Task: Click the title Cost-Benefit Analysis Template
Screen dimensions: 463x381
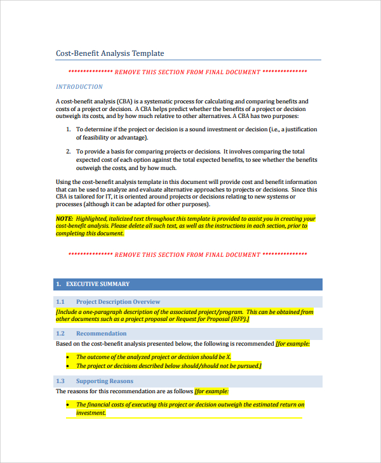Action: click(110, 54)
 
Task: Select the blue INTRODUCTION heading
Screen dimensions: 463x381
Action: click(79, 87)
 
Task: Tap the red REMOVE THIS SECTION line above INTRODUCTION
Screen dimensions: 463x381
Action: click(187, 72)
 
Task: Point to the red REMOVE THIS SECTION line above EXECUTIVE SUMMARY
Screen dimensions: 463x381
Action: click(187, 255)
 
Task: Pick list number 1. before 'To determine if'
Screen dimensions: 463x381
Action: click(69, 129)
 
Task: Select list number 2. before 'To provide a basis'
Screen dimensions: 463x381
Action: click(69, 152)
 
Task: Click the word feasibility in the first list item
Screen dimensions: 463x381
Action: click(93, 137)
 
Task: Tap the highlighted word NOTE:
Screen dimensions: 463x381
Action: click(64, 219)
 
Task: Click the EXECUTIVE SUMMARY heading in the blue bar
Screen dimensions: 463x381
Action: click(98, 284)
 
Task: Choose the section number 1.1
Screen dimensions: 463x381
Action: click(60, 302)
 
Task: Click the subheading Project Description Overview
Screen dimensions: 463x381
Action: click(118, 302)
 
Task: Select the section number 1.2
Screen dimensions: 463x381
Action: click(60, 334)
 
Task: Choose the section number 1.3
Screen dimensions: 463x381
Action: click(60, 381)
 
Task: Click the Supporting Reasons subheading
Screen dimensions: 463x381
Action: click(105, 381)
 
